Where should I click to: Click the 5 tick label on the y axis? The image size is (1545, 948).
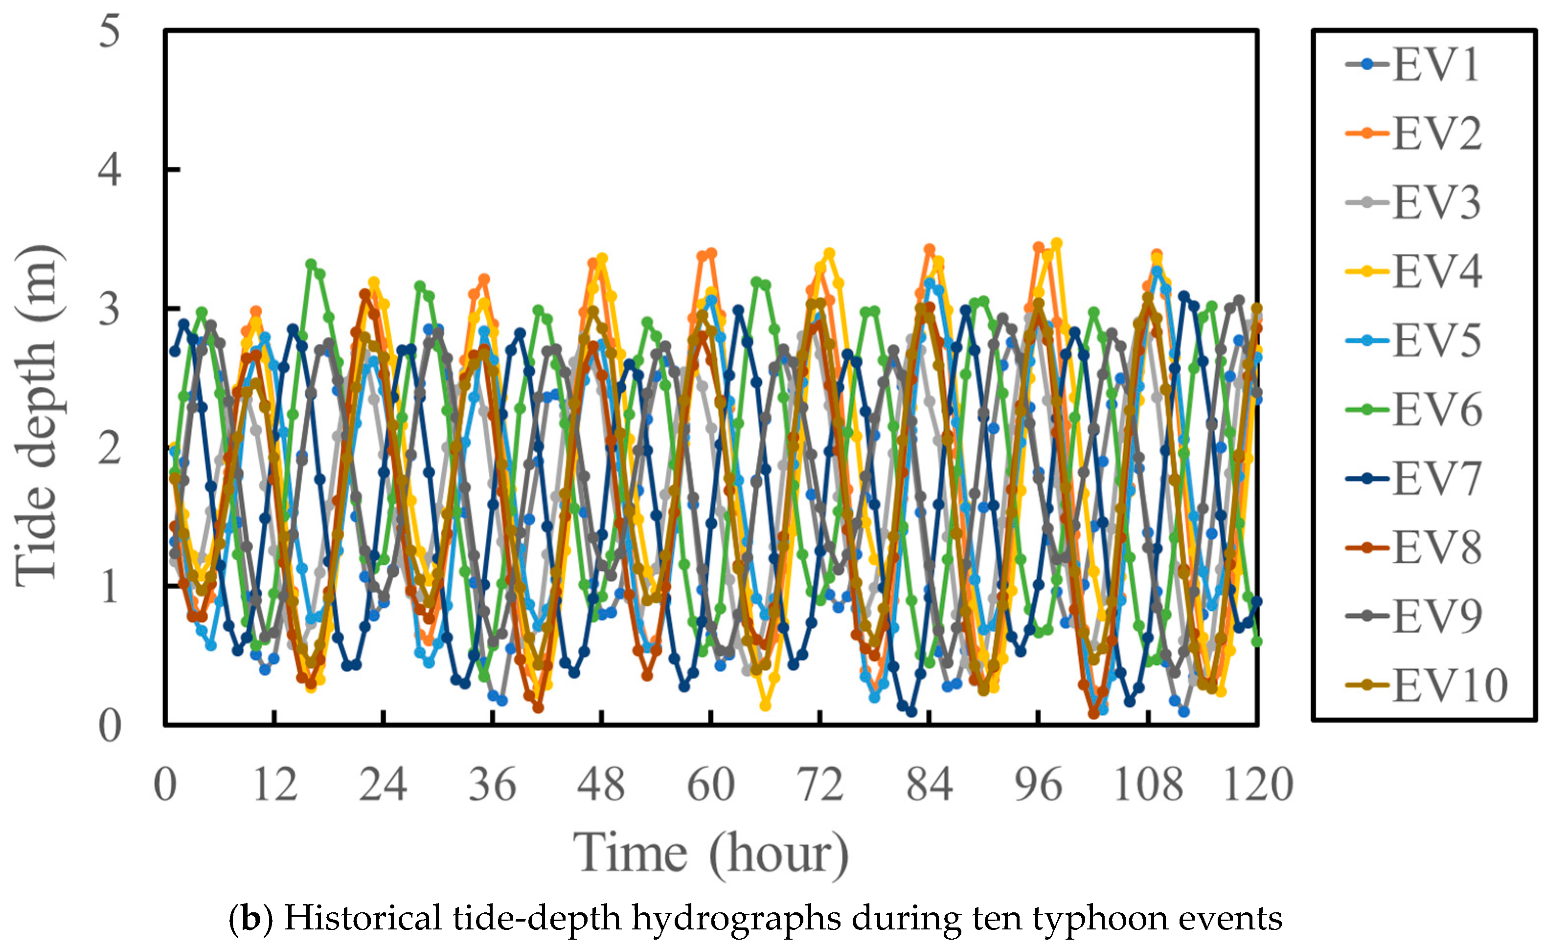click(x=110, y=31)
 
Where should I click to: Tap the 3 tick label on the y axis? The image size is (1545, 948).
click(x=110, y=309)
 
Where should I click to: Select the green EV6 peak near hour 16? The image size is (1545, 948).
click(x=311, y=264)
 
